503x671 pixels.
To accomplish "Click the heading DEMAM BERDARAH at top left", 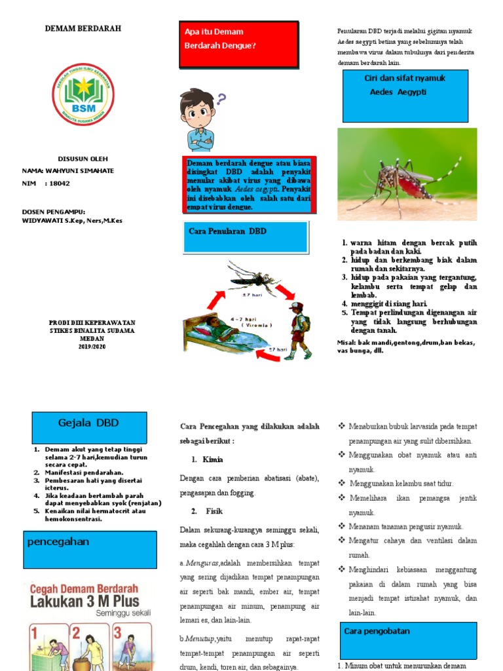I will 83,29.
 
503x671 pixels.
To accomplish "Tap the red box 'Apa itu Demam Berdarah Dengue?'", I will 238,45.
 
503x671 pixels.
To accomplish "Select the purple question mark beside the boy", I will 221,100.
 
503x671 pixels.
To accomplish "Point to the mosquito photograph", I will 407,174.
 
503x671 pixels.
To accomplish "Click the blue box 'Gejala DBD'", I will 90,427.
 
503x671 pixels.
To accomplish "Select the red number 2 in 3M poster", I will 77,634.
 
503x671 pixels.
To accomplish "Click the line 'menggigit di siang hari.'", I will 388,304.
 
